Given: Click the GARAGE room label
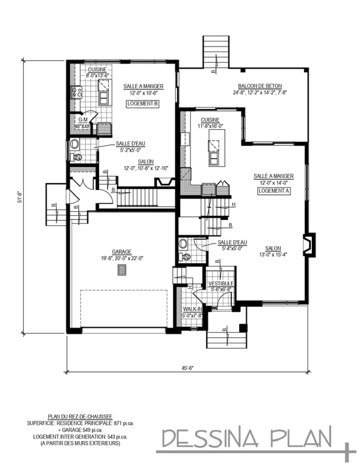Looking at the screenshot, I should coord(122,252).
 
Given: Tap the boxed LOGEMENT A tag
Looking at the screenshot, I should coord(274,191).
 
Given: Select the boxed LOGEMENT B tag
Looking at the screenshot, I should coord(143,104).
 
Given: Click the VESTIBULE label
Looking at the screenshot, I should coord(221,284).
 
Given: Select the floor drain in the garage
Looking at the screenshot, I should coord(122,271).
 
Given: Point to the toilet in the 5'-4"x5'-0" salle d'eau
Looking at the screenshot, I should coord(185,257).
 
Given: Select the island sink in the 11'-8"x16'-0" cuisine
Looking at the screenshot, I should coord(213,158).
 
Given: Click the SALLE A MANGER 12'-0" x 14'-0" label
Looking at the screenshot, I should coord(274,179).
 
